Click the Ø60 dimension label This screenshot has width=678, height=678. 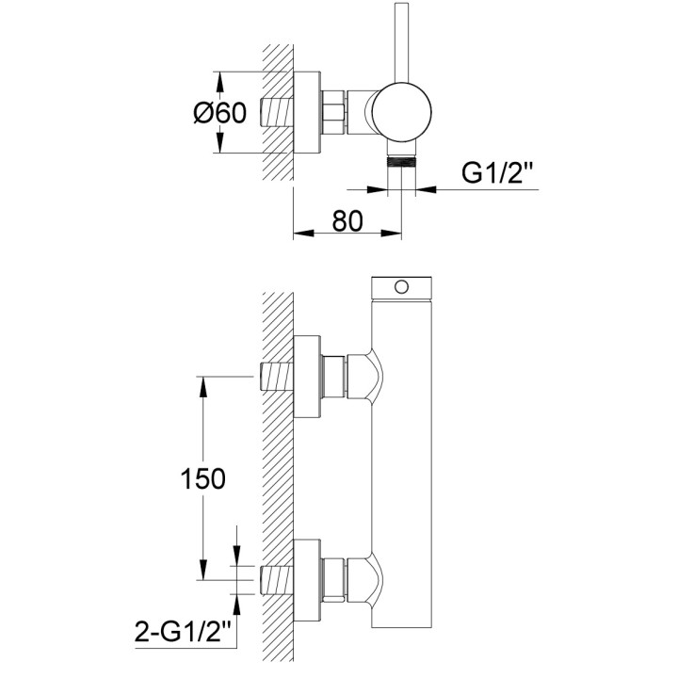(220, 113)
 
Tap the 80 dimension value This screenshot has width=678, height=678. (347, 220)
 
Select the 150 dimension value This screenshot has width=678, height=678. (202, 478)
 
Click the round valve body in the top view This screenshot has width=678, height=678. (402, 111)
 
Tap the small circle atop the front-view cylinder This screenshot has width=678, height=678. (402, 286)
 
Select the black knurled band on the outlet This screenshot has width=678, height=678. (402, 163)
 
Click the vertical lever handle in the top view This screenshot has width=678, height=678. (402, 42)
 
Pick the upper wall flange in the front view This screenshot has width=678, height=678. (307, 377)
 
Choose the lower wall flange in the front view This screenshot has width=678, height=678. (307, 580)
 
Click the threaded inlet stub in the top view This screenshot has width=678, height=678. (277, 111)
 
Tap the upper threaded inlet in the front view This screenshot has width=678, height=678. (277, 377)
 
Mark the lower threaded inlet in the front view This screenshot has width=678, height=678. (277, 580)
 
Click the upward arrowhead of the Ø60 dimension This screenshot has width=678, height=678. (219, 82)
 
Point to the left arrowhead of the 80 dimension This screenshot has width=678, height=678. (303, 234)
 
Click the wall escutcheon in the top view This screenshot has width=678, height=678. (307, 112)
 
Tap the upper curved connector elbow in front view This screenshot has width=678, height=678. (364, 377)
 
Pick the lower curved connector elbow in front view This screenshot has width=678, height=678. (364, 580)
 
